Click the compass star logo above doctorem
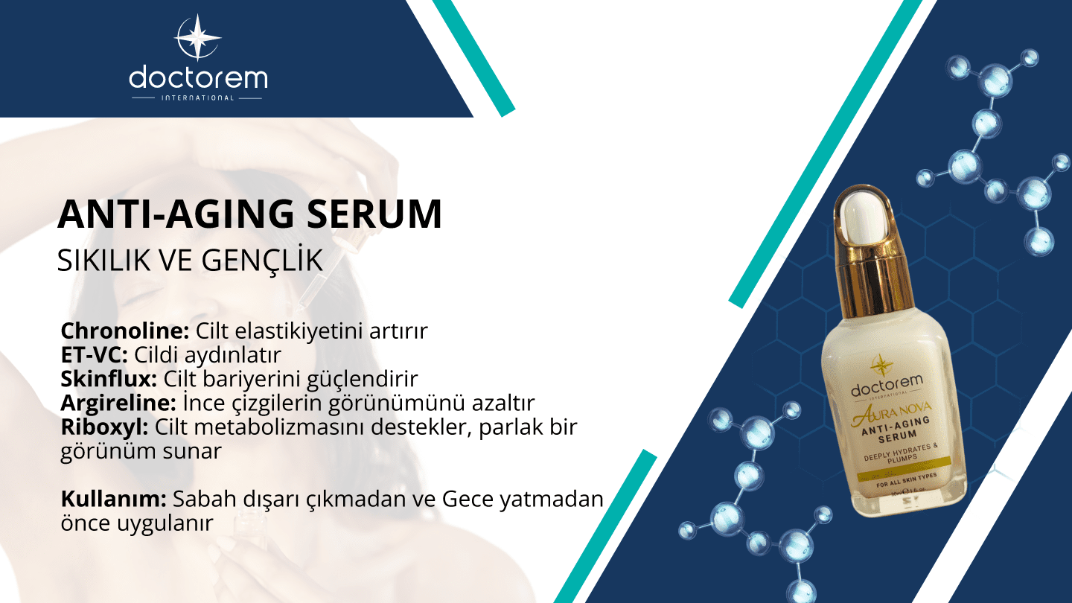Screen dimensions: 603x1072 pos(197,37)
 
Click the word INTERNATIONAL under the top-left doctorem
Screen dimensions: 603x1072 pos(197,98)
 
